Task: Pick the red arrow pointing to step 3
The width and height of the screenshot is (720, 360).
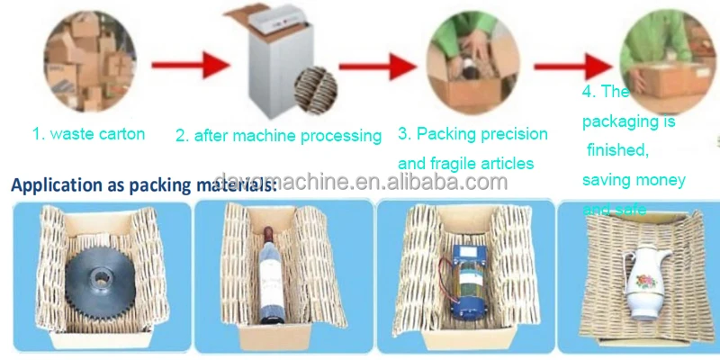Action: tap(387, 66)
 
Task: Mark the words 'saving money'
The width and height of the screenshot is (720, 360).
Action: tap(634, 179)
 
